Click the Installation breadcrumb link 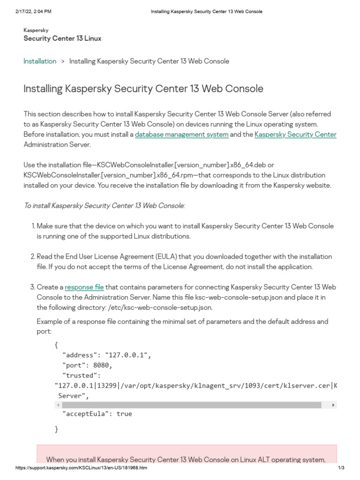click(40, 61)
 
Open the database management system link click(181, 135)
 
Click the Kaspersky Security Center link click(295, 135)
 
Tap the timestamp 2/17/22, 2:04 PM click(32, 11)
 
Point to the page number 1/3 click(341, 468)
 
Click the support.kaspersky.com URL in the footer click(81, 468)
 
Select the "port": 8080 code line click(87, 365)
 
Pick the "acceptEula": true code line click(97, 414)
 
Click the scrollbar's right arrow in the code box click(333, 405)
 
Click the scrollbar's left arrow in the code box click(58, 405)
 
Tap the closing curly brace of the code click(57, 429)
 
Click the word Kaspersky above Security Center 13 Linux click(36, 30)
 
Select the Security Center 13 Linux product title click(62, 38)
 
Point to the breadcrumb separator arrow click(63, 61)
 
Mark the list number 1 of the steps click(33, 226)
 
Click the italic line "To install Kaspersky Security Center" click(105, 205)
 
